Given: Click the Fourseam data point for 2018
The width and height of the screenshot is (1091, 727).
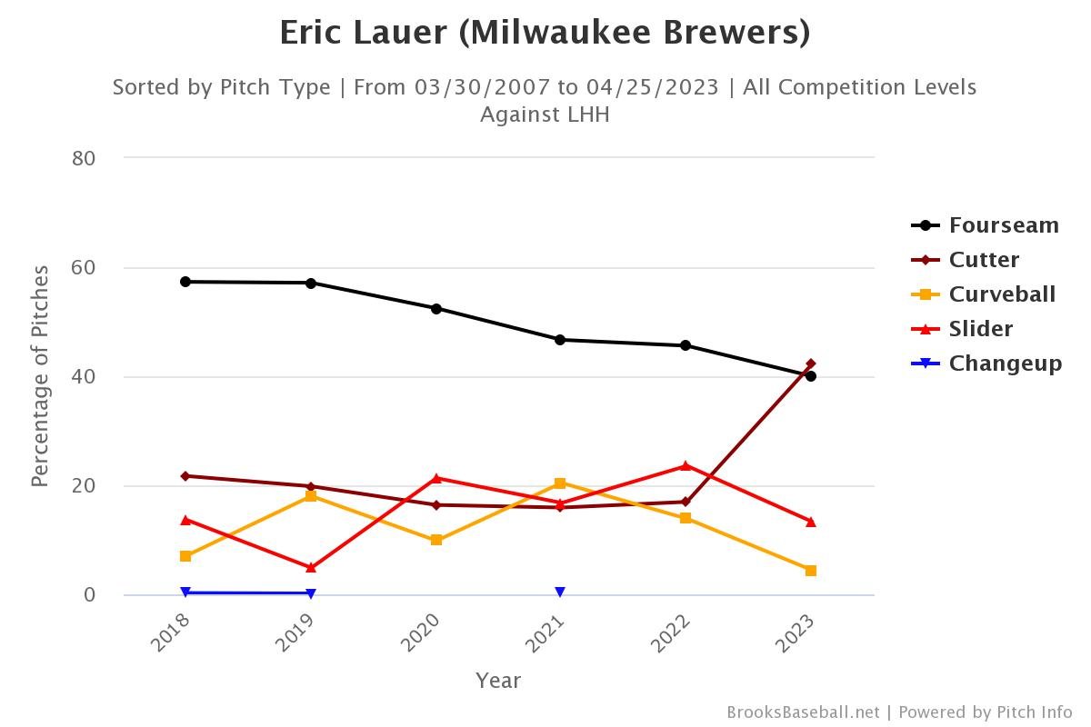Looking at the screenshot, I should click(x=185, y=282).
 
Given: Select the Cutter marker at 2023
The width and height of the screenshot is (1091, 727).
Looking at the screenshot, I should click(x=811, y=363).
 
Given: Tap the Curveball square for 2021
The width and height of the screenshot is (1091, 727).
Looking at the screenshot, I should click(x=560, y=483).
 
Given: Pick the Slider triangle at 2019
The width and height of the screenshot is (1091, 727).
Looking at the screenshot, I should click(x=311, y=568).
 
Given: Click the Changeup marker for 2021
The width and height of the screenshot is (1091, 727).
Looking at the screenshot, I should click(x=560, y=593).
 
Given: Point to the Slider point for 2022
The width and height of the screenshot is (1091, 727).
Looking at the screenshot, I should click(x=686, y=466).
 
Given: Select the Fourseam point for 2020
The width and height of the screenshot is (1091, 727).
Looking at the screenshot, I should click(x=436, y=309).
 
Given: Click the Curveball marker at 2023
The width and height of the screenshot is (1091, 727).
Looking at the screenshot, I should click(x=811, y=571).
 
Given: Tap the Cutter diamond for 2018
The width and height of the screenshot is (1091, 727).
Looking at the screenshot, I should click(x=185, y=476).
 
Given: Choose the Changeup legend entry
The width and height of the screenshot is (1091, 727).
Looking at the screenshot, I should click(x=986, y=363).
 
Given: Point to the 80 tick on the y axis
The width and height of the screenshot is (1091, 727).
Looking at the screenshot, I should click(x=84, y=158).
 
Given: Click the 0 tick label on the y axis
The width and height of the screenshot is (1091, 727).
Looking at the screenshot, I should click(x=89, y=595).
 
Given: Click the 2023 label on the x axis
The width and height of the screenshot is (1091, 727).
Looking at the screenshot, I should click(x=796, y=632).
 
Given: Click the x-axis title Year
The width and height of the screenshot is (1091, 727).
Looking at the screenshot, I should click(x=498, y=680).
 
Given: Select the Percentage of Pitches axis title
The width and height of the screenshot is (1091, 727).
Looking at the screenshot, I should click(x=40, y=376).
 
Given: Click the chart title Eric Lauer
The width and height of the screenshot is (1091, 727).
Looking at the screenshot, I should click(x=545, y=33).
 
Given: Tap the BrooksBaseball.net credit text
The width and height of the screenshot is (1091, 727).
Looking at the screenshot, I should click(x=803, y=712).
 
